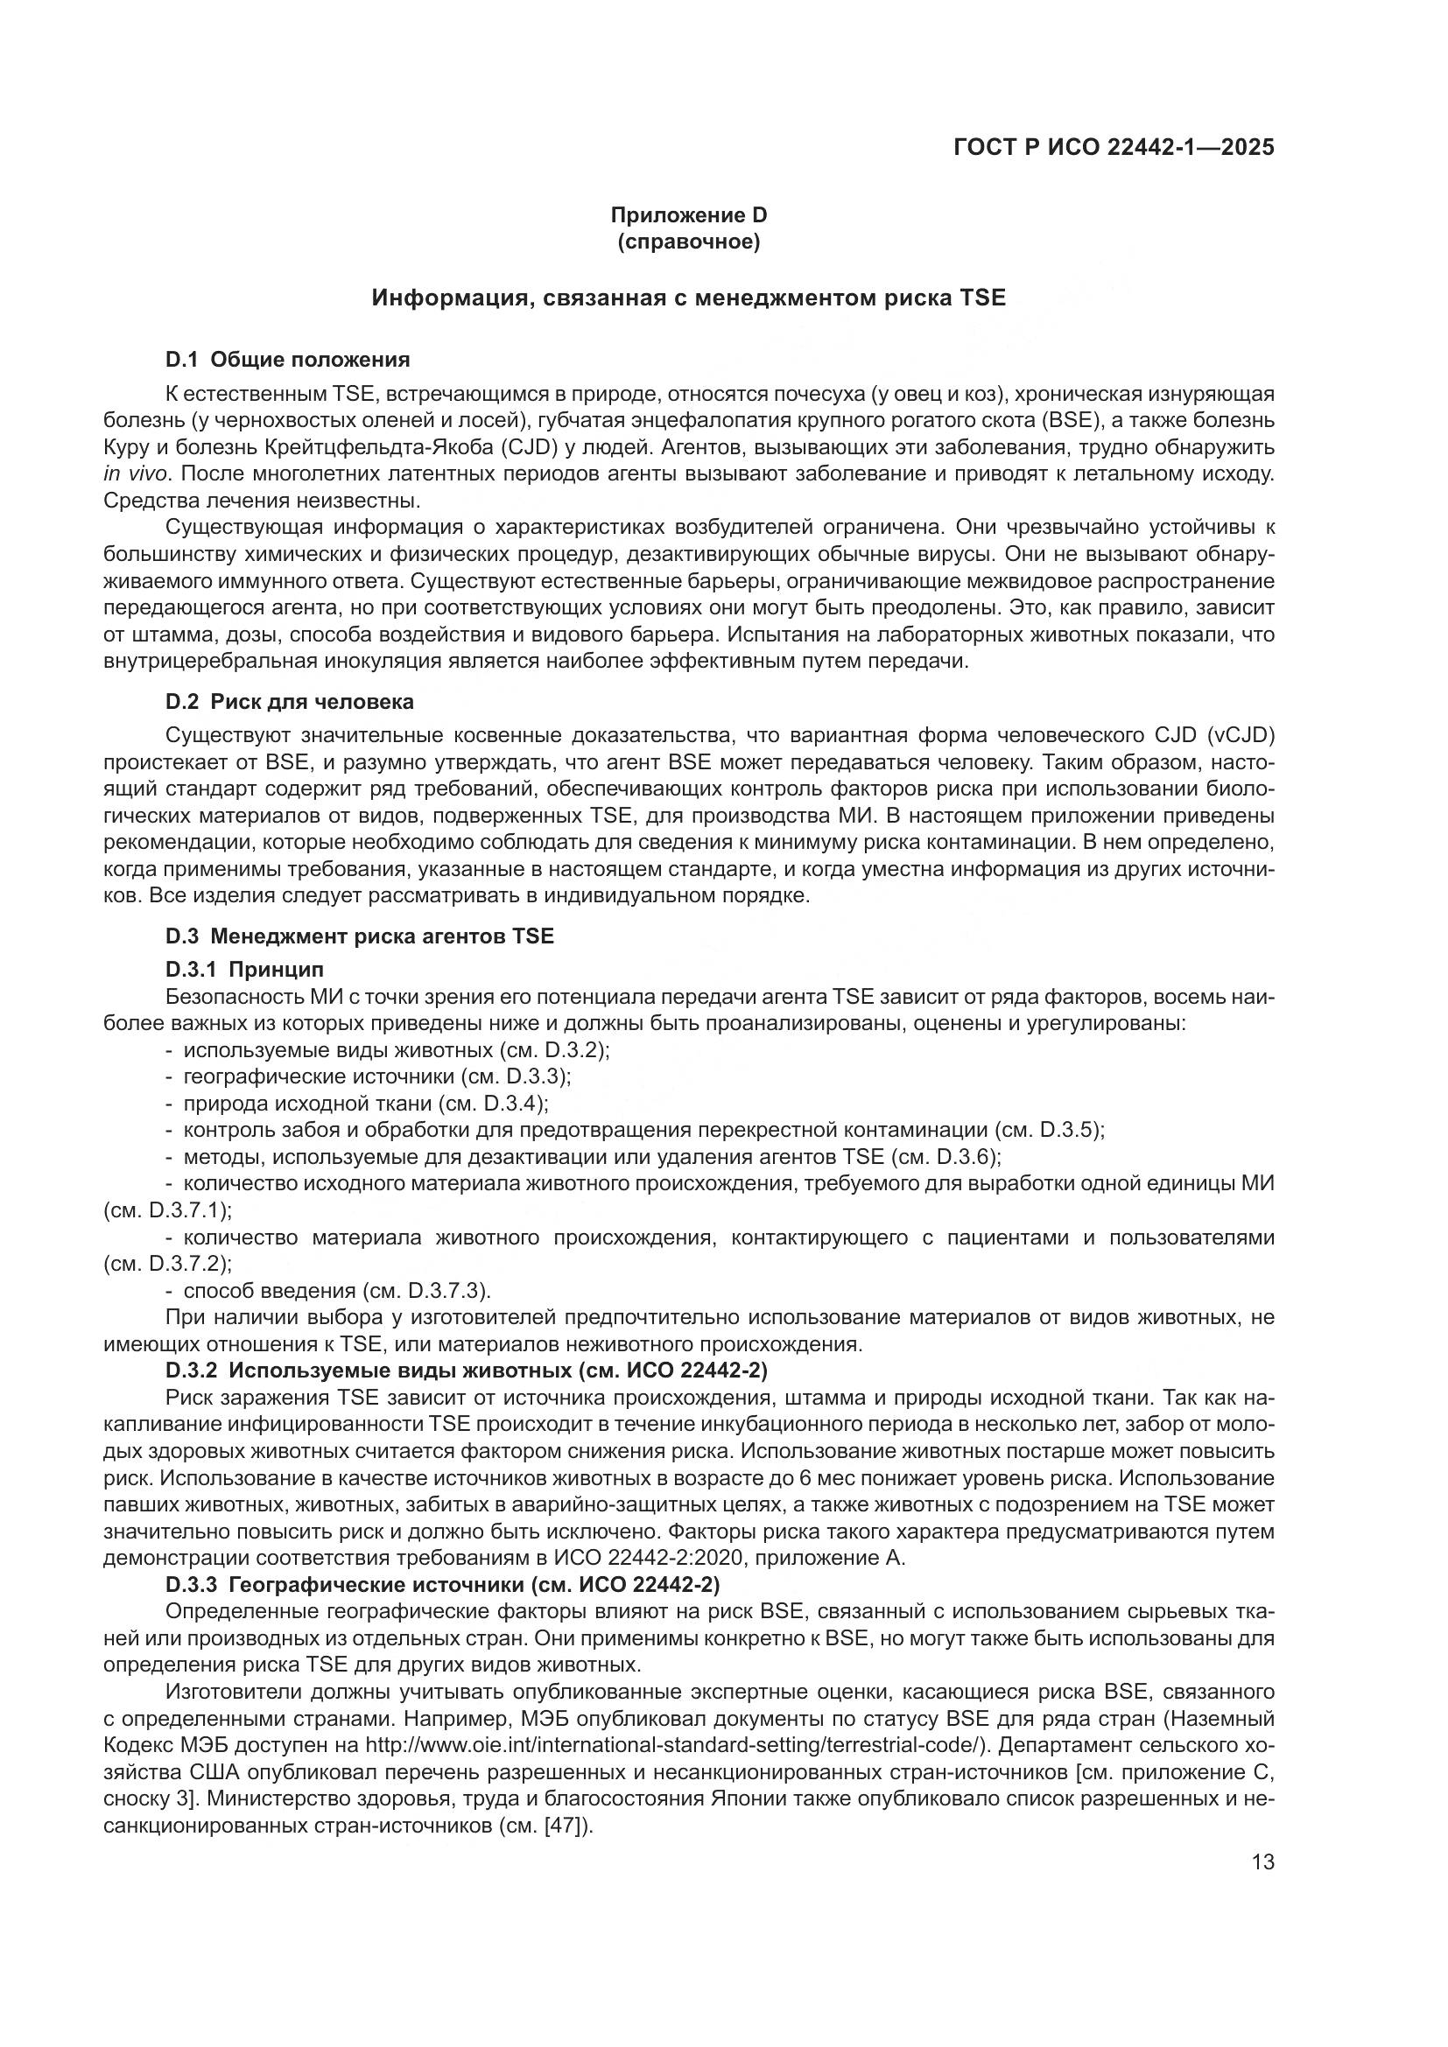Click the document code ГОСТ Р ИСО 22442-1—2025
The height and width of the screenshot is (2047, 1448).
pos(1114,147)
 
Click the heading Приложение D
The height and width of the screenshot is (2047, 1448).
pos(688,215)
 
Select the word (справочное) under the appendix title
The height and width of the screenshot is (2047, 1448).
pos(688,242)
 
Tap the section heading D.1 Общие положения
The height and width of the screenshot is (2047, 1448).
pos(287,360)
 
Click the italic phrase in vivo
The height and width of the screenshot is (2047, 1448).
pos(136,473)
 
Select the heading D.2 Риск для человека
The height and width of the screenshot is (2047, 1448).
pos(290,702)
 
